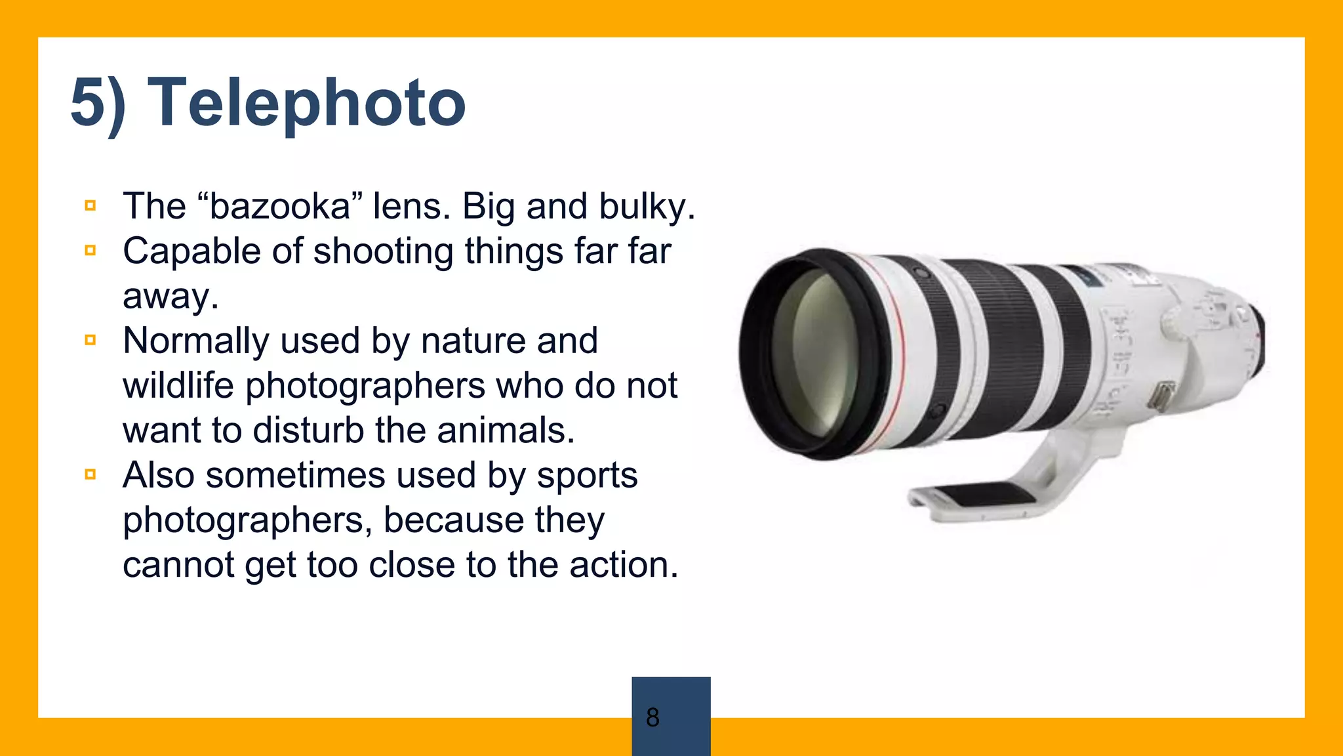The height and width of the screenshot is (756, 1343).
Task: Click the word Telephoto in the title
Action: (307, 103)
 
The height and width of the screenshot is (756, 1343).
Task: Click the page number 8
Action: (652, 717)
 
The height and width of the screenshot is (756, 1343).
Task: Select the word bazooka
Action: (280, 207)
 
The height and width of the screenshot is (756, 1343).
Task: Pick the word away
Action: (169, 297)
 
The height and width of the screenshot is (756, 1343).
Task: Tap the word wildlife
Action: (178, 385)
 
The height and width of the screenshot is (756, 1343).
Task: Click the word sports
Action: (586, 476)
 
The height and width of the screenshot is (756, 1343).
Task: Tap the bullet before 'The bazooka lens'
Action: (90, 206)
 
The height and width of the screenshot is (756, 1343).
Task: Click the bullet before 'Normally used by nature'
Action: (90, 340)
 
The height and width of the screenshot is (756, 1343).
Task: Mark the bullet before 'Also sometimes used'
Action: (90, 474)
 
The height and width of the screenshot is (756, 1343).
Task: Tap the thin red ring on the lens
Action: (900, 354)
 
